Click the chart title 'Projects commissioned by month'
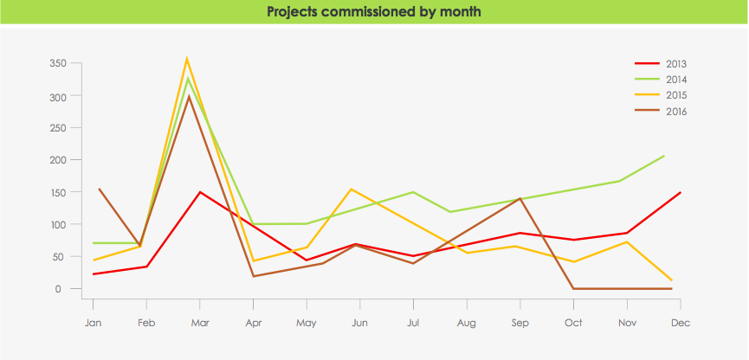coord(374,12)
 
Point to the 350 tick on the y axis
coord(58,63)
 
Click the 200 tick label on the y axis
coord(58,160)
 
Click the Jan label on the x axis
coord(93,323)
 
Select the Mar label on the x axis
coord(200,323)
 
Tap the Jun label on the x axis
coord(360,323)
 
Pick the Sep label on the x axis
coord(520,323)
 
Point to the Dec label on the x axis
coord(681,323)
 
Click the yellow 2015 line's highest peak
coord(187,59)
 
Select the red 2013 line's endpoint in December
coord(681,192)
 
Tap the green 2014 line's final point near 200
coord(664,156)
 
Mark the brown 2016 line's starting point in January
coord(100,189)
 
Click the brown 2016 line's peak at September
coord(520,198)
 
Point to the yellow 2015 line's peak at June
coord(351,189)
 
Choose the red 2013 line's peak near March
coord(200,192)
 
